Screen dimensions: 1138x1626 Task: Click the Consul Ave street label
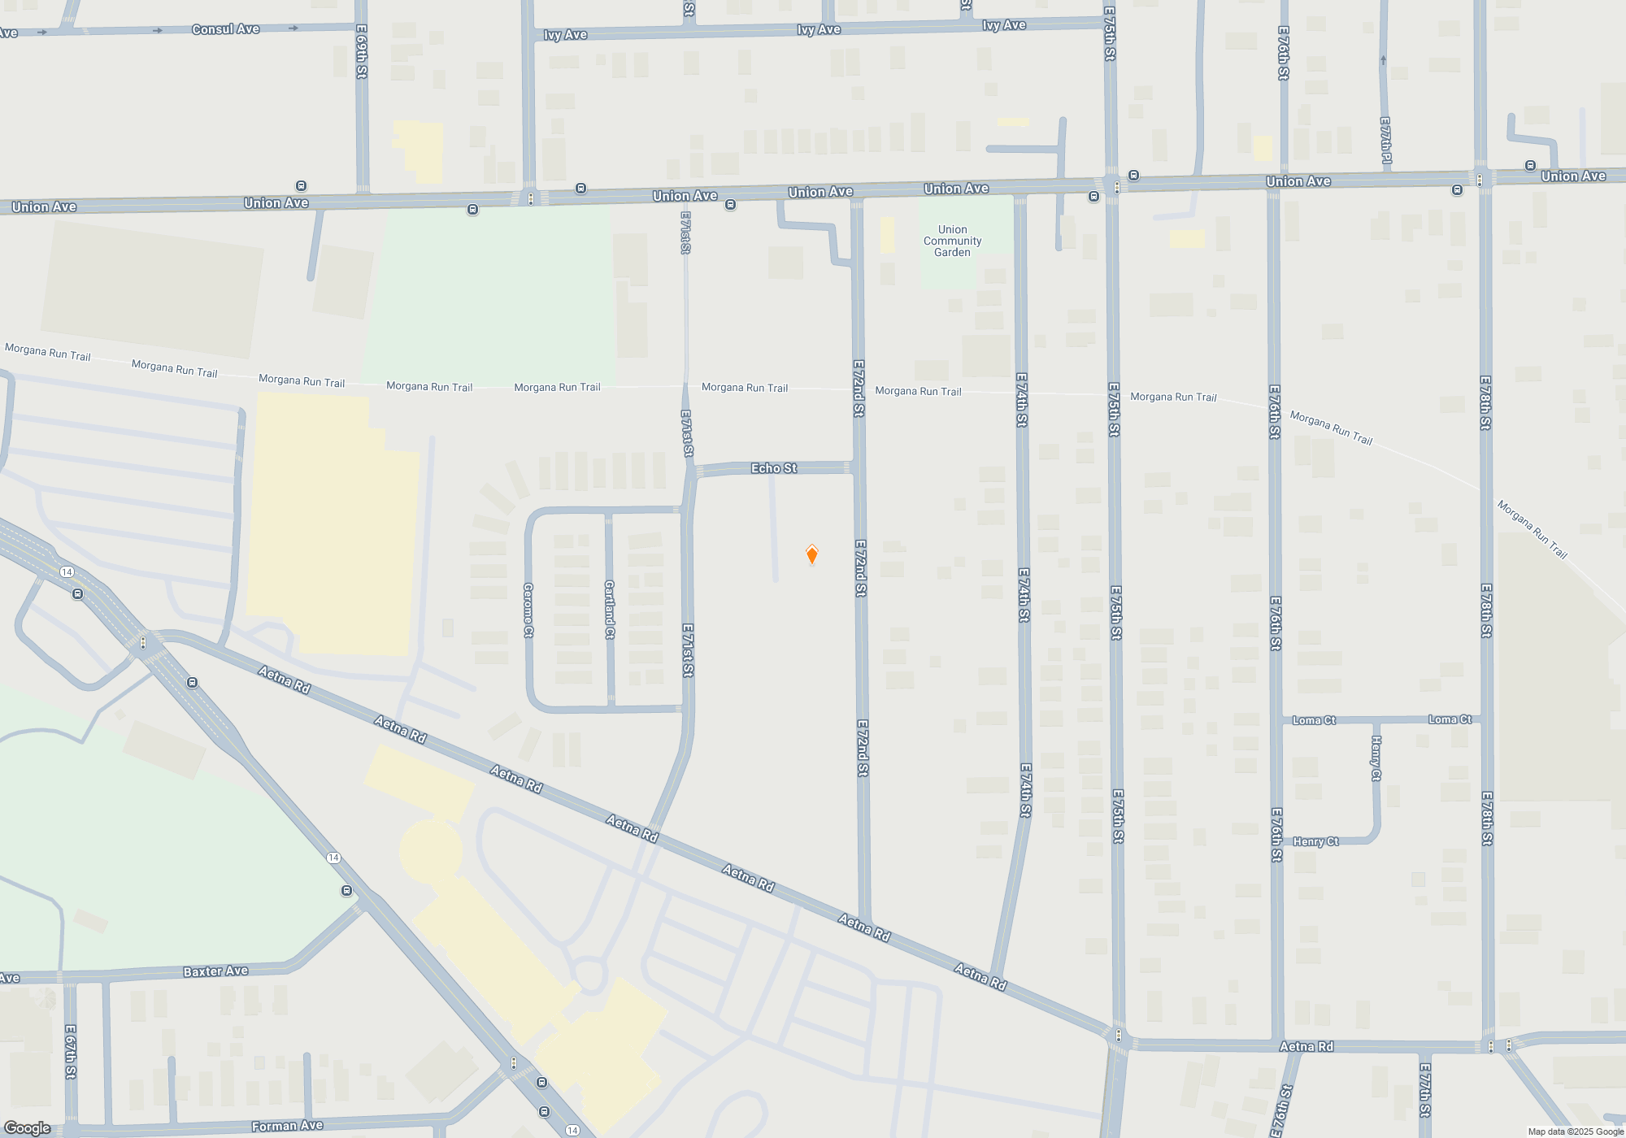click(225, 29)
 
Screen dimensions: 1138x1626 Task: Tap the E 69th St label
click(362, 50)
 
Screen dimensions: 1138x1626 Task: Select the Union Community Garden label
click(952, 241)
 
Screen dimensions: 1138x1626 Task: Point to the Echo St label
click(773, 468)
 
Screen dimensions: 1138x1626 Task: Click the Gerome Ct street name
click(528, 610)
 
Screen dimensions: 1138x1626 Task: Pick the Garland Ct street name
click(610, 609)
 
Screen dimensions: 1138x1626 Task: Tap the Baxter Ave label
click(215, 971)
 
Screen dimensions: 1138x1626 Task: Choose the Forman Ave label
click(287, 1126)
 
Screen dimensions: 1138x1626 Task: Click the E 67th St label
click(71, 1051)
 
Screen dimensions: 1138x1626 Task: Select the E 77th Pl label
click(1385, 141)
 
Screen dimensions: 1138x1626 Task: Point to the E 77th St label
click(1424, 1089)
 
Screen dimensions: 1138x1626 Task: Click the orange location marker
click(811, 554)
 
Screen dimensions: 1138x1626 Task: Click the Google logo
click(27, 1128)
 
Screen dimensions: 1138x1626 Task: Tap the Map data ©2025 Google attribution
click(1576, 1131)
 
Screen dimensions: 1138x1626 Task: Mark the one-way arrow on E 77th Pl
click(1383, 60)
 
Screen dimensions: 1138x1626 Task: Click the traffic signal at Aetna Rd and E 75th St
click(1119, 1036)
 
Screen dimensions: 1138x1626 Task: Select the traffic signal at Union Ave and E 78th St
click(1480, 180)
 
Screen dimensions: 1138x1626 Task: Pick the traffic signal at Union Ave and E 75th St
click(1117, 187)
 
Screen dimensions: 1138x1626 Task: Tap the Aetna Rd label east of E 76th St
click(1306, 1047)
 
